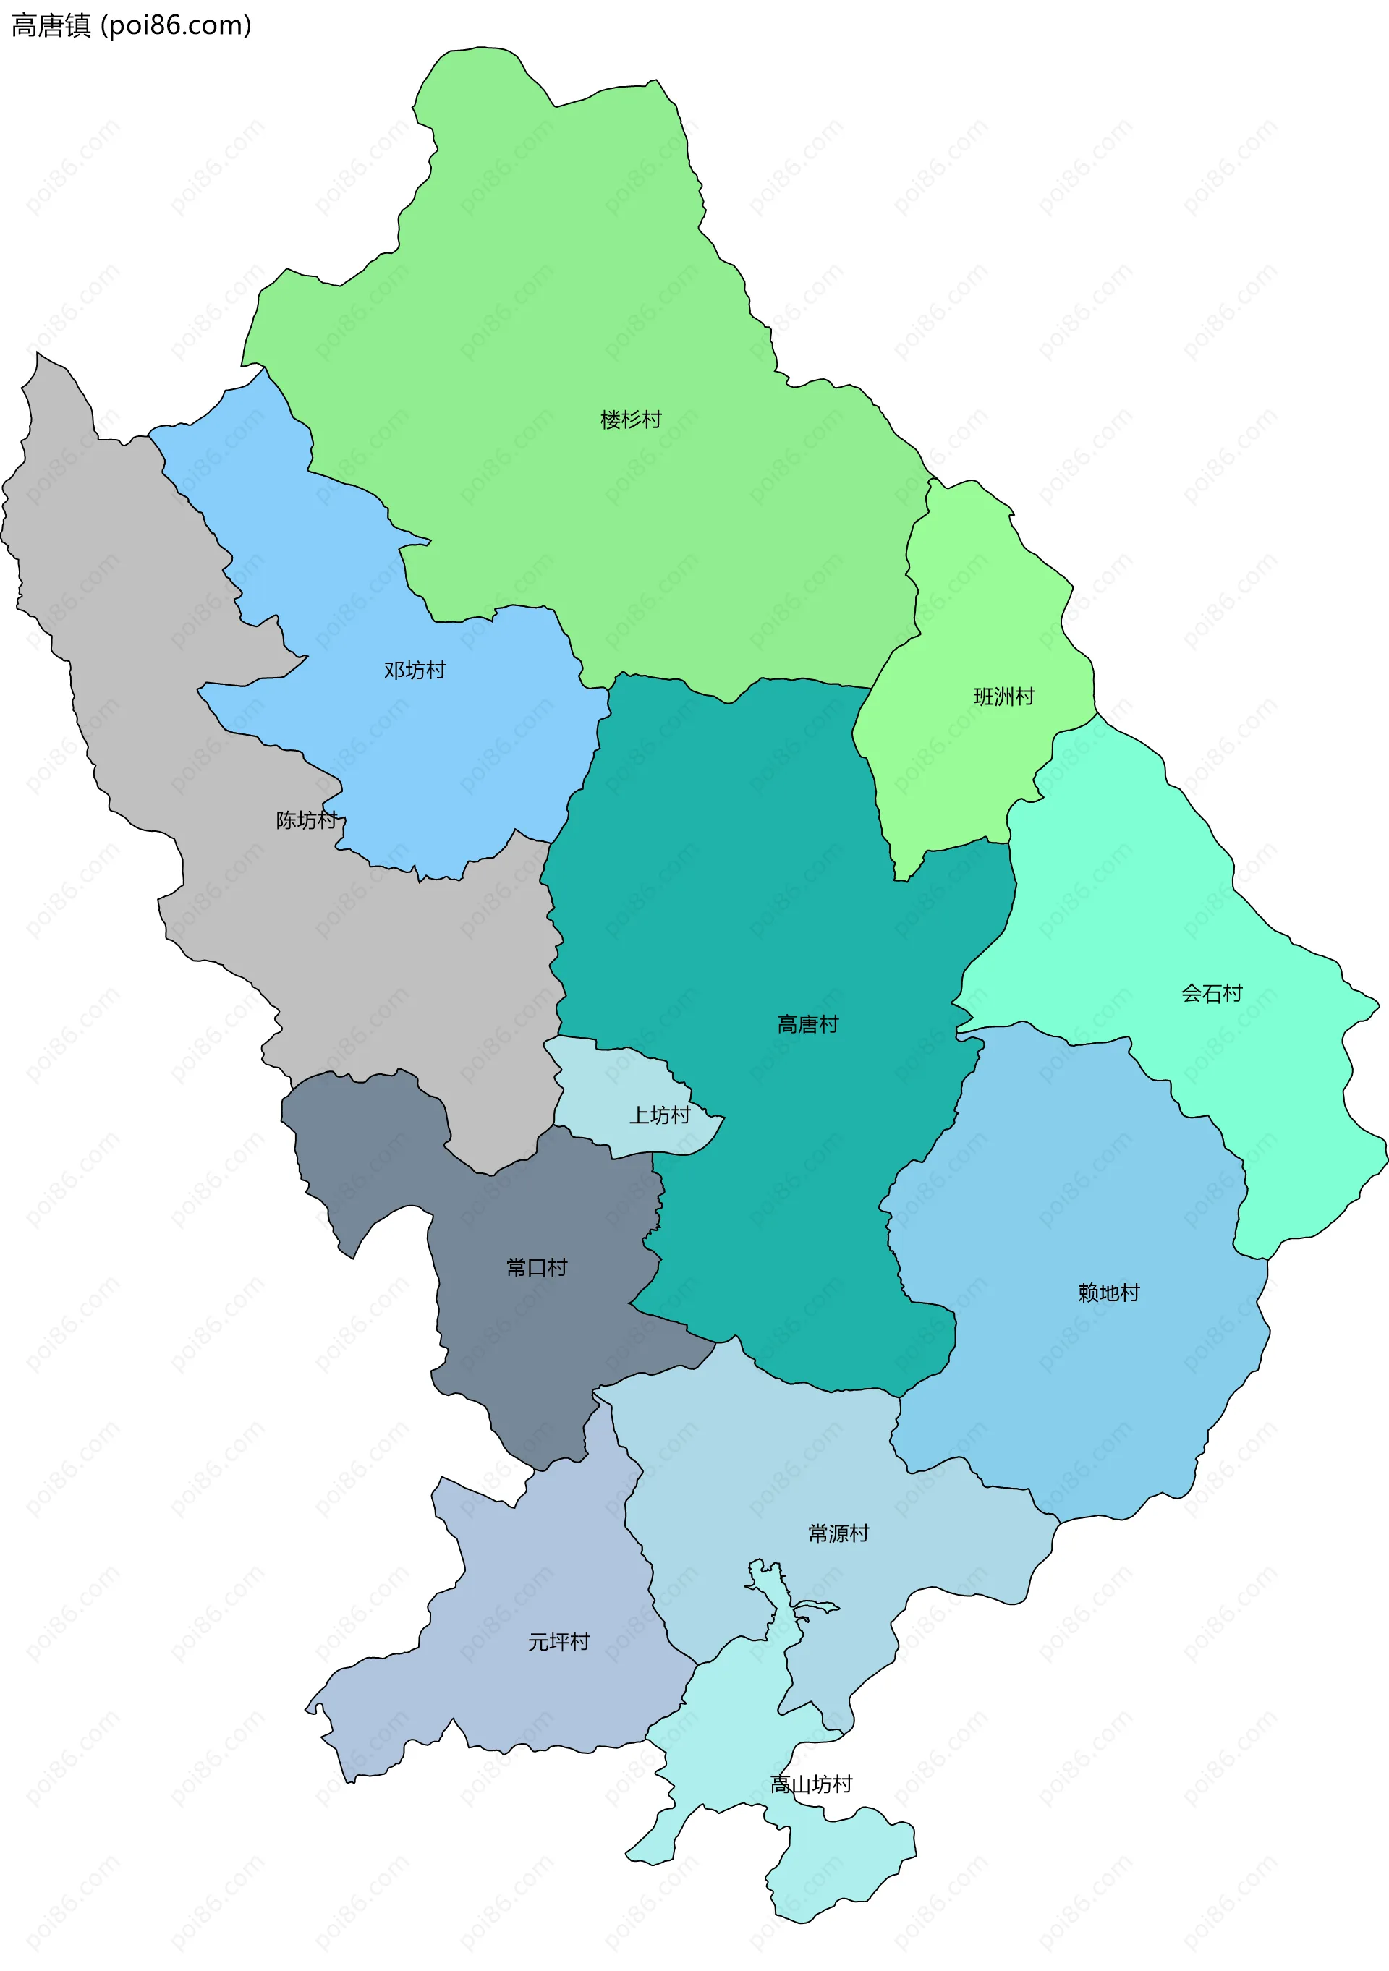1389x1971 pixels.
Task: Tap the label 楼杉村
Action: tap(631, 420)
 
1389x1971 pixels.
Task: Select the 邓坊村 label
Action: tap(415, 670)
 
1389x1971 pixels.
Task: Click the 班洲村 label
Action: tap(1003, 697)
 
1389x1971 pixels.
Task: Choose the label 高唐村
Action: tap(807, 1024)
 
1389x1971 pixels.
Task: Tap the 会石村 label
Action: tap(1211, 993)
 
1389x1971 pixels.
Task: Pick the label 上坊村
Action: tap(659, 1115)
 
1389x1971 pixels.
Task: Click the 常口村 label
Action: tap(537, 1267)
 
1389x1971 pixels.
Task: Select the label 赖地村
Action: tap(1108, 1293)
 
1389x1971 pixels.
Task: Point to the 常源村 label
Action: tap(838, 1533)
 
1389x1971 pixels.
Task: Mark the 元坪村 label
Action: tap(559, 1641)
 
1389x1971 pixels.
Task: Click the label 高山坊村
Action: tap(811, 1784)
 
